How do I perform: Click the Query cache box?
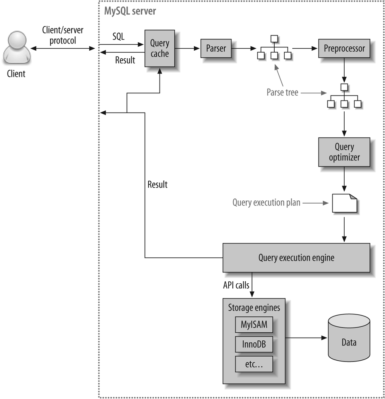pos(160,48)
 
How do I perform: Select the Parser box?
pos(216,48)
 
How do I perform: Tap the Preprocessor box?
pos(344,48)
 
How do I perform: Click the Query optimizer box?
pos(344,152)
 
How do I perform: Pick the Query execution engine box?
pos(296,258)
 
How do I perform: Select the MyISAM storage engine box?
pos(254,324)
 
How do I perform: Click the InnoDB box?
pos(254,344)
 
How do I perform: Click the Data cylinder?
pos(349,342)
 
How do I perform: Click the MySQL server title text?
pos(130,11)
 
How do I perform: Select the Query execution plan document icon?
pos(344,203)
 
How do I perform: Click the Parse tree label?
pos(282,93)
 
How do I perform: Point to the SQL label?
pos(118,37)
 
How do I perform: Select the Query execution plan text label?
pos(266,203)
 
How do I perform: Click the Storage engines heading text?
pos(254,308)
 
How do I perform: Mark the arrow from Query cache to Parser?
pos(187,48)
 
